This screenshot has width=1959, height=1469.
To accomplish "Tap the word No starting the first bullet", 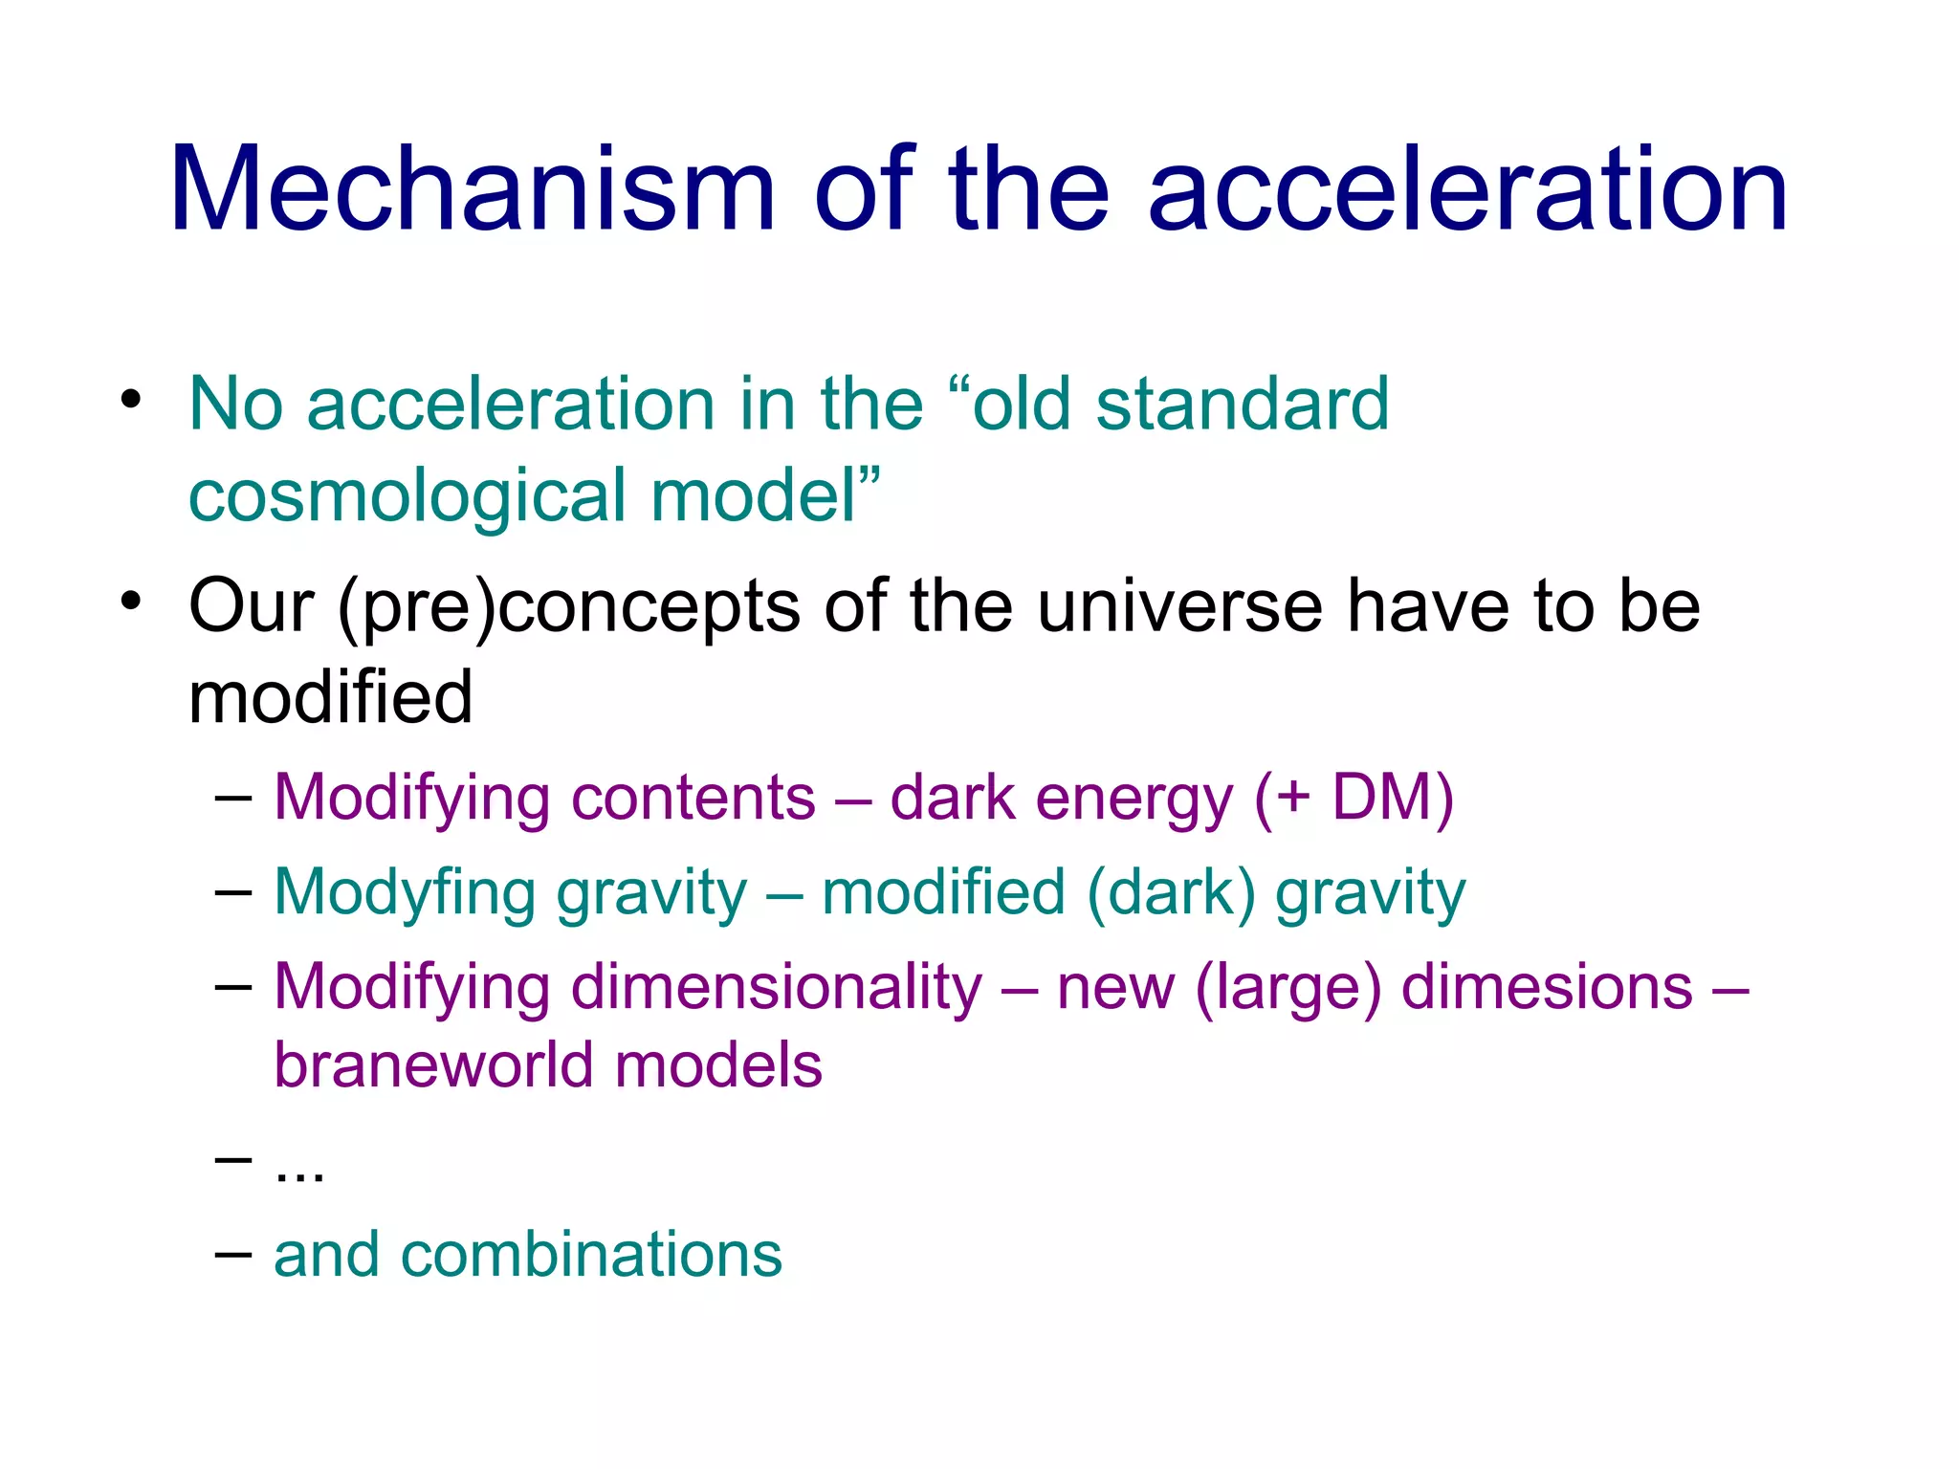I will pyautogui.click(x=235, y=404).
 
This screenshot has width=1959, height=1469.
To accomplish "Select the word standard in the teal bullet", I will pyautogui.click(x=1242, y=404).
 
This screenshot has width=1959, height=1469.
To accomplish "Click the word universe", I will pyautogui.click(x=1180, y=605).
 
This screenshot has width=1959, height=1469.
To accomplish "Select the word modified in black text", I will pyautogui.click(x=331, y=697).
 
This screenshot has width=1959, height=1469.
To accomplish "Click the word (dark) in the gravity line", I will pyautogui.click(x=1171, y=892).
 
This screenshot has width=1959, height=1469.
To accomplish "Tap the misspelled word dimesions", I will pyautogui.click(x=1547, y=987).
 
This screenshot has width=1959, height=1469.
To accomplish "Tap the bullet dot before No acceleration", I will pyautogui.click(x=131, y=399).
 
